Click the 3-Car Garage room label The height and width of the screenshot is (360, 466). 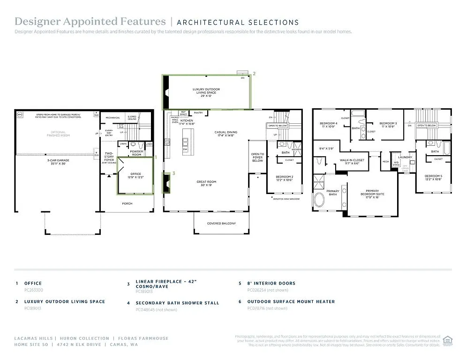(57, 162)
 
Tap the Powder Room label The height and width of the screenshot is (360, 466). (136, 153)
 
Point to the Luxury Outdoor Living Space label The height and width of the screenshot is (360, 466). (206, 91)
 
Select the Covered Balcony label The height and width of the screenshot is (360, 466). (221, 223)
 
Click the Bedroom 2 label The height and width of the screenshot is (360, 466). (284, 178)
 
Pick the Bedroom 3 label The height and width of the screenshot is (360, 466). (388, 125)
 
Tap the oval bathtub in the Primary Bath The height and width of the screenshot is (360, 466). (320, 201)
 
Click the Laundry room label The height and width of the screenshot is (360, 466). (405, 157)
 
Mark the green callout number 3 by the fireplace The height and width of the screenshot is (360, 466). (173, 173)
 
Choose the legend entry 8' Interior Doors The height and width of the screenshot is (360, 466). (271, 283)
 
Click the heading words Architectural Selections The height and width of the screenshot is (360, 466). (238, 22)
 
